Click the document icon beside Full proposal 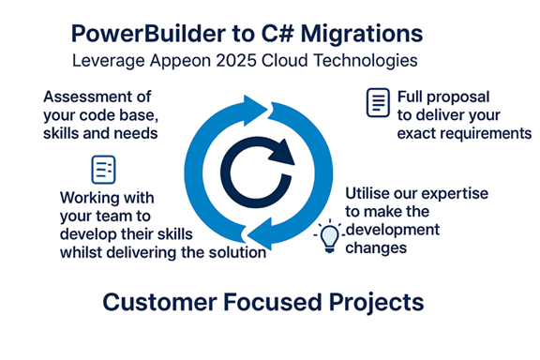click(376, 102)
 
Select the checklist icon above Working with click(102, 169)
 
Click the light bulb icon click(329, 236)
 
